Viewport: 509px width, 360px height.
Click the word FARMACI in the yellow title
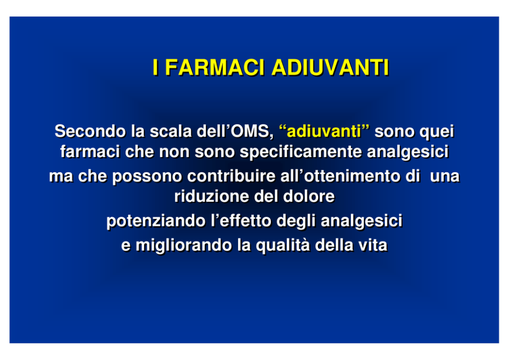pos(214,67)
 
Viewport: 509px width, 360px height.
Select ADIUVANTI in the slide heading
pos(330,67)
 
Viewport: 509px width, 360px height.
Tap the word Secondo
pos(90,131)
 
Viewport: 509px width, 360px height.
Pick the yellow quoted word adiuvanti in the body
pos(324,131)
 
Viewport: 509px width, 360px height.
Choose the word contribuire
pos(231,176)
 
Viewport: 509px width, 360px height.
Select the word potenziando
pos(156,221)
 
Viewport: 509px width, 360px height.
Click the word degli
pos(296,221)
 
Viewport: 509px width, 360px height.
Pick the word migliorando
pos(184,245)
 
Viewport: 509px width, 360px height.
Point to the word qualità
pos(283,245)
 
